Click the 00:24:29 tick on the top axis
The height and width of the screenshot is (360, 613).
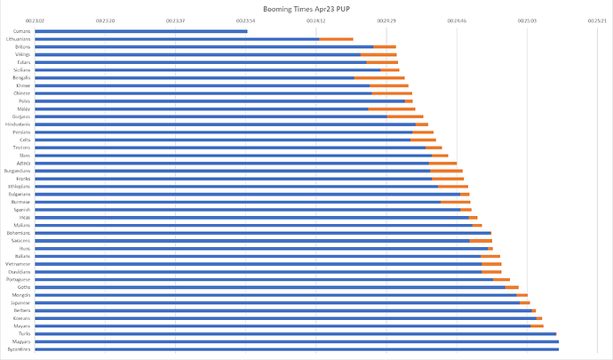(x=387, y=20)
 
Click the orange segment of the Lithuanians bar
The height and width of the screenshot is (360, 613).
(x=336, y=39)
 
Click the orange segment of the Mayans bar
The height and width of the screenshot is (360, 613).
(x=537, y=325)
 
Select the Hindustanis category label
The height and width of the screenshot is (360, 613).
(x=20, y=124)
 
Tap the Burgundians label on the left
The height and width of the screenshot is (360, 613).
(x=19, y=171)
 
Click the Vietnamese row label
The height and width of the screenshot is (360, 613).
(x=20, y=264)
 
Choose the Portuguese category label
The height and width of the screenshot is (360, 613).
(x=20, y=279)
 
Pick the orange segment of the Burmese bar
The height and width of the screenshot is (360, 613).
(x=456, y=202)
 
